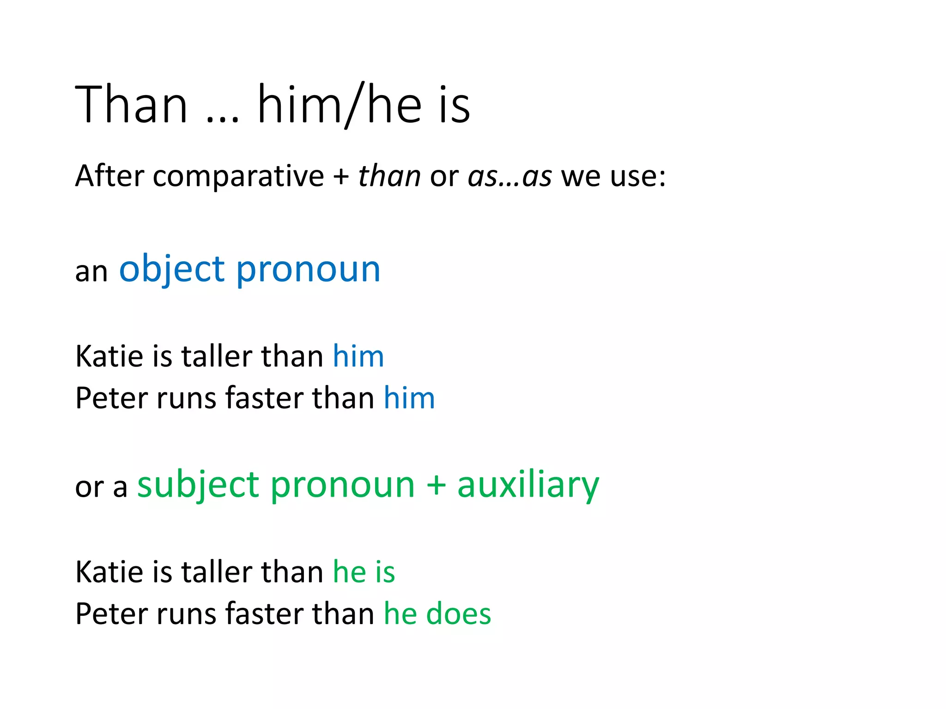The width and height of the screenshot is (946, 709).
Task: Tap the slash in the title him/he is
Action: coord(354,105)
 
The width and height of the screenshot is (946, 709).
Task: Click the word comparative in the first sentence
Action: coord(238,176)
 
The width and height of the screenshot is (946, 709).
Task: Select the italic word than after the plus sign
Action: coord(389,176)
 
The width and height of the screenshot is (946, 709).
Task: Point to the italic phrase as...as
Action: coord(509,177)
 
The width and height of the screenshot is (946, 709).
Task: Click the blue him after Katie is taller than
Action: coord(358,356)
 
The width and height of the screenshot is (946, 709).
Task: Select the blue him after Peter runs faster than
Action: coord(409,398)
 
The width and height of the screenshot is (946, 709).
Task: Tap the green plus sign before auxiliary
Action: coord(436,486)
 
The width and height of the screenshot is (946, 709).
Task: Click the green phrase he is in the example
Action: coord(364,572)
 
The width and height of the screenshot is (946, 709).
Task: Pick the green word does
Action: coord(458,614)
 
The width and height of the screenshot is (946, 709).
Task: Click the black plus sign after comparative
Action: coord(341,177)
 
